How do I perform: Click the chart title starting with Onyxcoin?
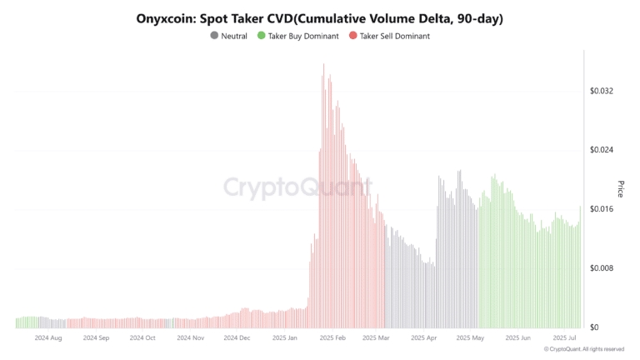tap(319, 17)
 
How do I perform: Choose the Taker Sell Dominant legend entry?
tap(394, 36)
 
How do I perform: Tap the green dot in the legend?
tap(262, 36)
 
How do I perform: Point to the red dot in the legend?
tap(353, 36)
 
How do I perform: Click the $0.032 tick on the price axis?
tap(601, 91)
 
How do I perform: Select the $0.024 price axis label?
tap(601, 150)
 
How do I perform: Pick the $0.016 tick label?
tap(601, 209)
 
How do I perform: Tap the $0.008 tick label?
tap(601, 268)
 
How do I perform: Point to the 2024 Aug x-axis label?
tap(48, 338)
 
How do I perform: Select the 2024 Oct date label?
tap(142, 338)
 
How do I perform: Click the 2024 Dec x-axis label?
tap(237, 338)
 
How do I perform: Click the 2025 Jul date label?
tap(566, 338)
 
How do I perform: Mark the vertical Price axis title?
tap(620, 188)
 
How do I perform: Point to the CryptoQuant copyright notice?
tap(588, 349)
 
